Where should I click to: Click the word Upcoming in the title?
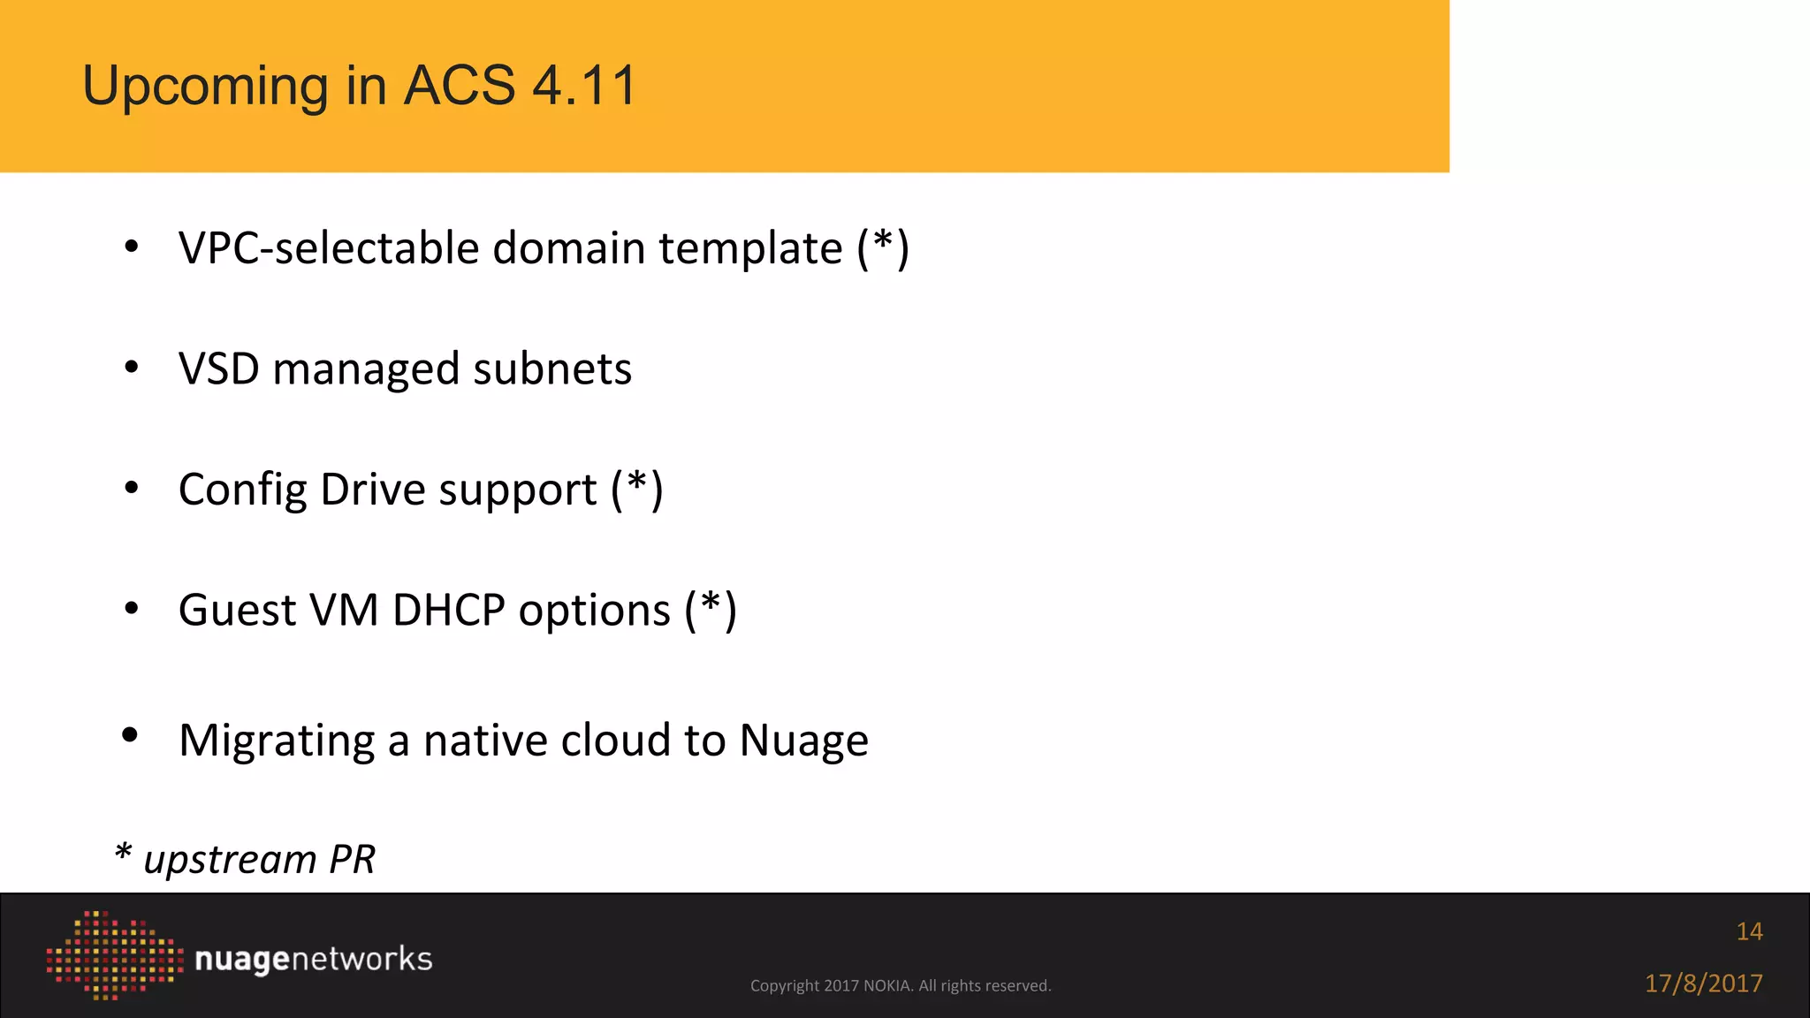[205, 87]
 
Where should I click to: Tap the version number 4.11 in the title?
[584, 86]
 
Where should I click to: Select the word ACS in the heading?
[459, 86]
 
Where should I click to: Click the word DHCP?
[448, 610]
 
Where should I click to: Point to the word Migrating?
[277, 741]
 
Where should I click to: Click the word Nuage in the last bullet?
[803, 741]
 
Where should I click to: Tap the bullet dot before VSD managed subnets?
[132, 367]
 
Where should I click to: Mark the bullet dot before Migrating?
[131, 735]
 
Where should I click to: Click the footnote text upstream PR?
[259, 859]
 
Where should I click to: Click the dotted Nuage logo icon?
[114, 955]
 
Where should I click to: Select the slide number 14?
[1749, 931]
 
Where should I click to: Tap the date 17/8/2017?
[1703, 984]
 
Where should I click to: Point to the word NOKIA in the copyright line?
[887, 986]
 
